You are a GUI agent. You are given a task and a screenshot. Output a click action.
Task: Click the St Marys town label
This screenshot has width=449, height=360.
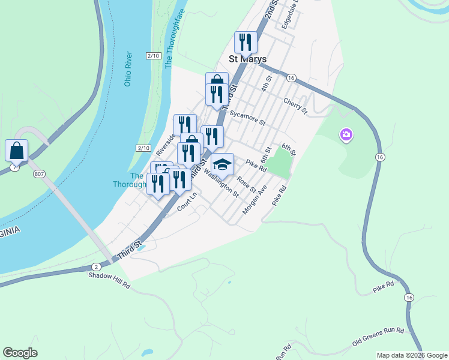click(248, 59)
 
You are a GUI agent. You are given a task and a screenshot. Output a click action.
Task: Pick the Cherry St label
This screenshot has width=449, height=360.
click(295, 106)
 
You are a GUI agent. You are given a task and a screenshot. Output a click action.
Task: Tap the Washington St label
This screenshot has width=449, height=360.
click(221, 182)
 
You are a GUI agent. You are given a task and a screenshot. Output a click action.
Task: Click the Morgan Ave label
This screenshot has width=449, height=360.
click(255, 200)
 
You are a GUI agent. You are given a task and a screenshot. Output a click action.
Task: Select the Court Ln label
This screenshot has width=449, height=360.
click(187, 202)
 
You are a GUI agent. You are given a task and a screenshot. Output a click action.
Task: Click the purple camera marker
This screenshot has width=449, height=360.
click(346, 135)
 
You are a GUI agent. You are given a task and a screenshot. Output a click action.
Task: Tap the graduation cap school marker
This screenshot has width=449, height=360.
click(222, 164)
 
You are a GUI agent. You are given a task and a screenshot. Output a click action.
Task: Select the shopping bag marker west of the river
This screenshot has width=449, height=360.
click(17, 151)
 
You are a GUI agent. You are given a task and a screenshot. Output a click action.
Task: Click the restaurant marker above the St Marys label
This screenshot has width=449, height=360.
click(246, 42)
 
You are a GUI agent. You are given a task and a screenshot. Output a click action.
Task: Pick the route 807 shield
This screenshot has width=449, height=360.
click(40, 174)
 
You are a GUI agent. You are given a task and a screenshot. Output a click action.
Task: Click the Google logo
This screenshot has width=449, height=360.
click(20, 353)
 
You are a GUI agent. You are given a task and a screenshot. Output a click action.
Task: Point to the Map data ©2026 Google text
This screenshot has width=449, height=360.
click(412, 355)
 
